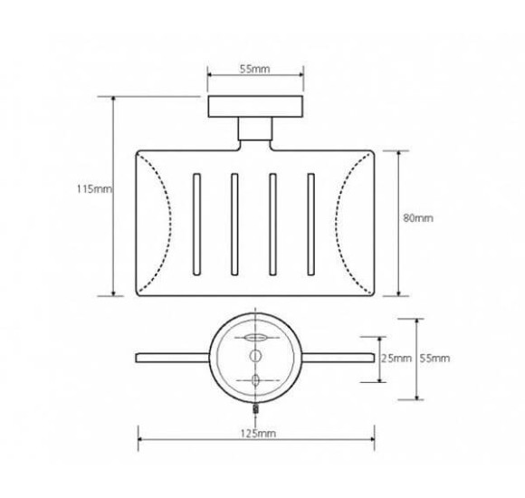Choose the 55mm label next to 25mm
click(x=434, y=359)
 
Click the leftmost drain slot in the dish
click(x=194, y=222)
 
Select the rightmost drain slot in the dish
click(x=311, y=222)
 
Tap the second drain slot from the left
click(x=233, y=222)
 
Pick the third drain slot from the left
click(x=272, y=222)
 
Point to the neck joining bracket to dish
click(x=254, y=134)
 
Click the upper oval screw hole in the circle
click(x=254, y=339)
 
